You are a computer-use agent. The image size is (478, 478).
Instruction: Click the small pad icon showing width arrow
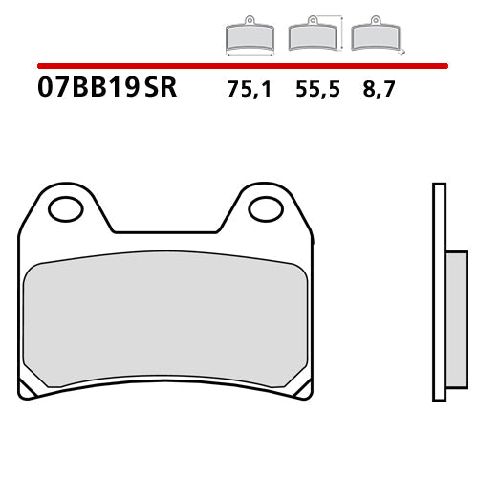(x=248, y=35)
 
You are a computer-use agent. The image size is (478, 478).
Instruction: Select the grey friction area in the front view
(x=165, y=320)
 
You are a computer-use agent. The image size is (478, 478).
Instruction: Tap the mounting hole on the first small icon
(x=248, y=20)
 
